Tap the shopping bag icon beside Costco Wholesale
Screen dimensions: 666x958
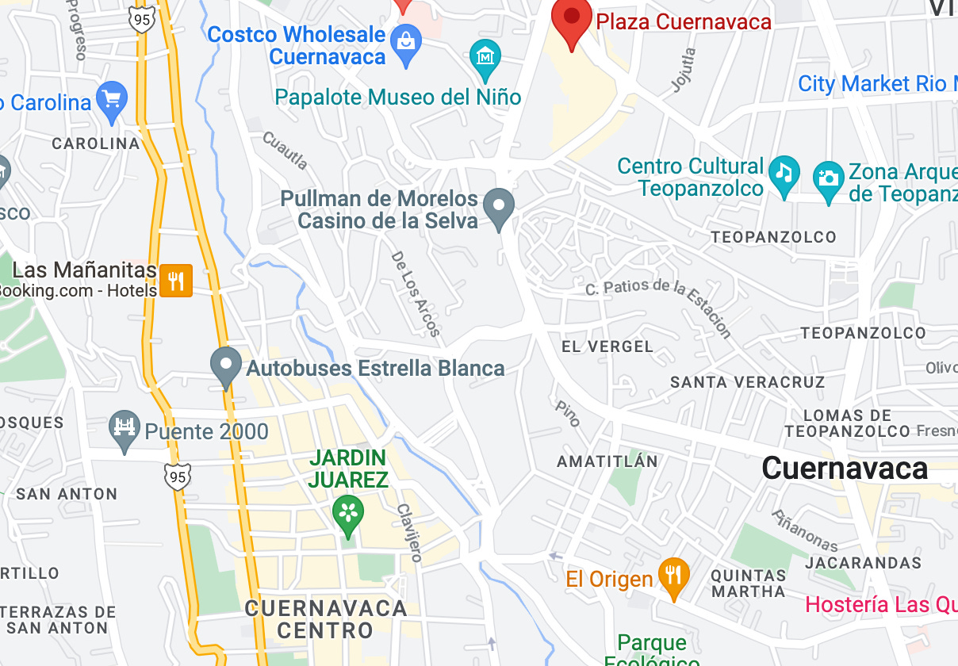coord(406,46)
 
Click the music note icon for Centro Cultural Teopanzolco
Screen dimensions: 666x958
coord(784,174)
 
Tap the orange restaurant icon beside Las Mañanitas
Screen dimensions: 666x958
coord(176,280)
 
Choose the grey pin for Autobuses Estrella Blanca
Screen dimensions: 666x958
coord(226,366)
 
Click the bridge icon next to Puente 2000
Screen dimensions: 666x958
coord(125,429)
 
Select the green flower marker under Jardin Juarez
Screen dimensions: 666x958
coord(347,512)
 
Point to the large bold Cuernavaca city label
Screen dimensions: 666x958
coord(845,468)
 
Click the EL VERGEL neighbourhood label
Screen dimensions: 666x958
coord(607,346)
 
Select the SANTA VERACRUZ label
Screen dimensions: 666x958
coord(747,382)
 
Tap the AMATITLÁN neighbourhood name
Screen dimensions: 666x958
coord(607,461)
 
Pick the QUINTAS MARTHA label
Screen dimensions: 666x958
coord(748,583)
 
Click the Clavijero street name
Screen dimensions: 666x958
coord(408,532)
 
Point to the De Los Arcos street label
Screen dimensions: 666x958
coord(416,293)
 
